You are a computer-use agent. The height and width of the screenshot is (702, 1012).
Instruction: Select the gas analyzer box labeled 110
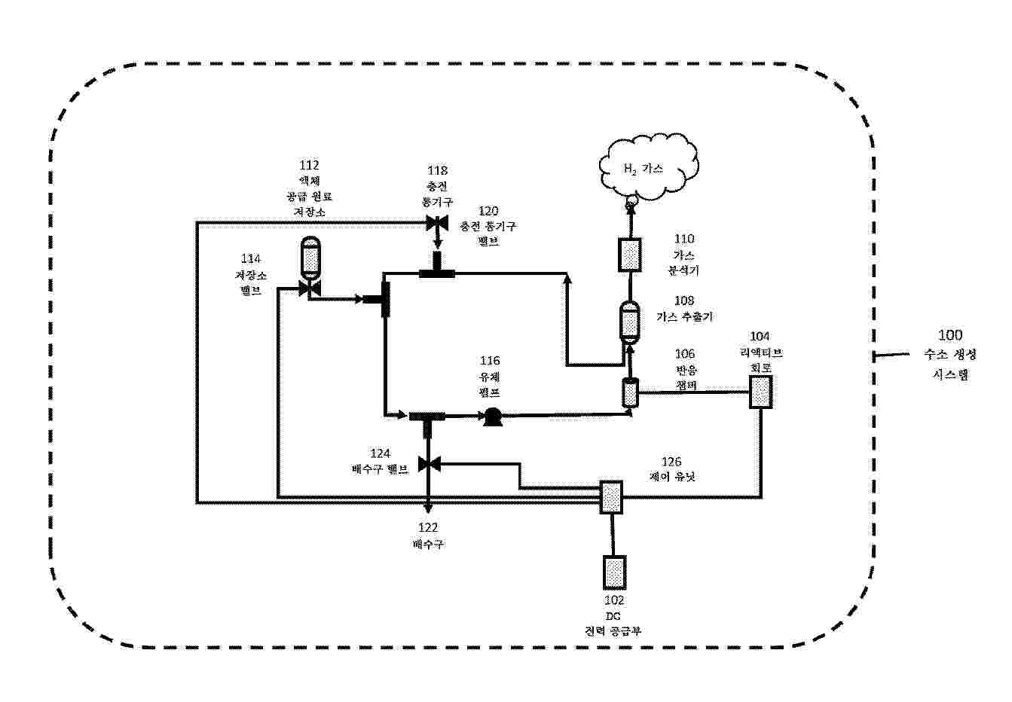click(629, 255)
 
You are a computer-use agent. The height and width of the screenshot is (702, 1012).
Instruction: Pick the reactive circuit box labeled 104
click(761, 392)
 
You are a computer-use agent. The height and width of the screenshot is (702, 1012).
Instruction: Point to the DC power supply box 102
click(614, 572)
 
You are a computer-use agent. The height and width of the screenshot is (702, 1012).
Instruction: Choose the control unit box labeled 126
click(611, 497)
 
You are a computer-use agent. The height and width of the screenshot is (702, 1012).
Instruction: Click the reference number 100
click(949, 335)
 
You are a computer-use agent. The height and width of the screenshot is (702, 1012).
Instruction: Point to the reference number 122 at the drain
click(428, 528)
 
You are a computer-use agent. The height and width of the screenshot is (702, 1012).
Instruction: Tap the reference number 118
click(437, 171)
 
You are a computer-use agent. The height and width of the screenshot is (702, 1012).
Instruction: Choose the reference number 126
click(671, 462)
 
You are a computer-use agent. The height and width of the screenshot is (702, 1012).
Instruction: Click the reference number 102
click(614, 600)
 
